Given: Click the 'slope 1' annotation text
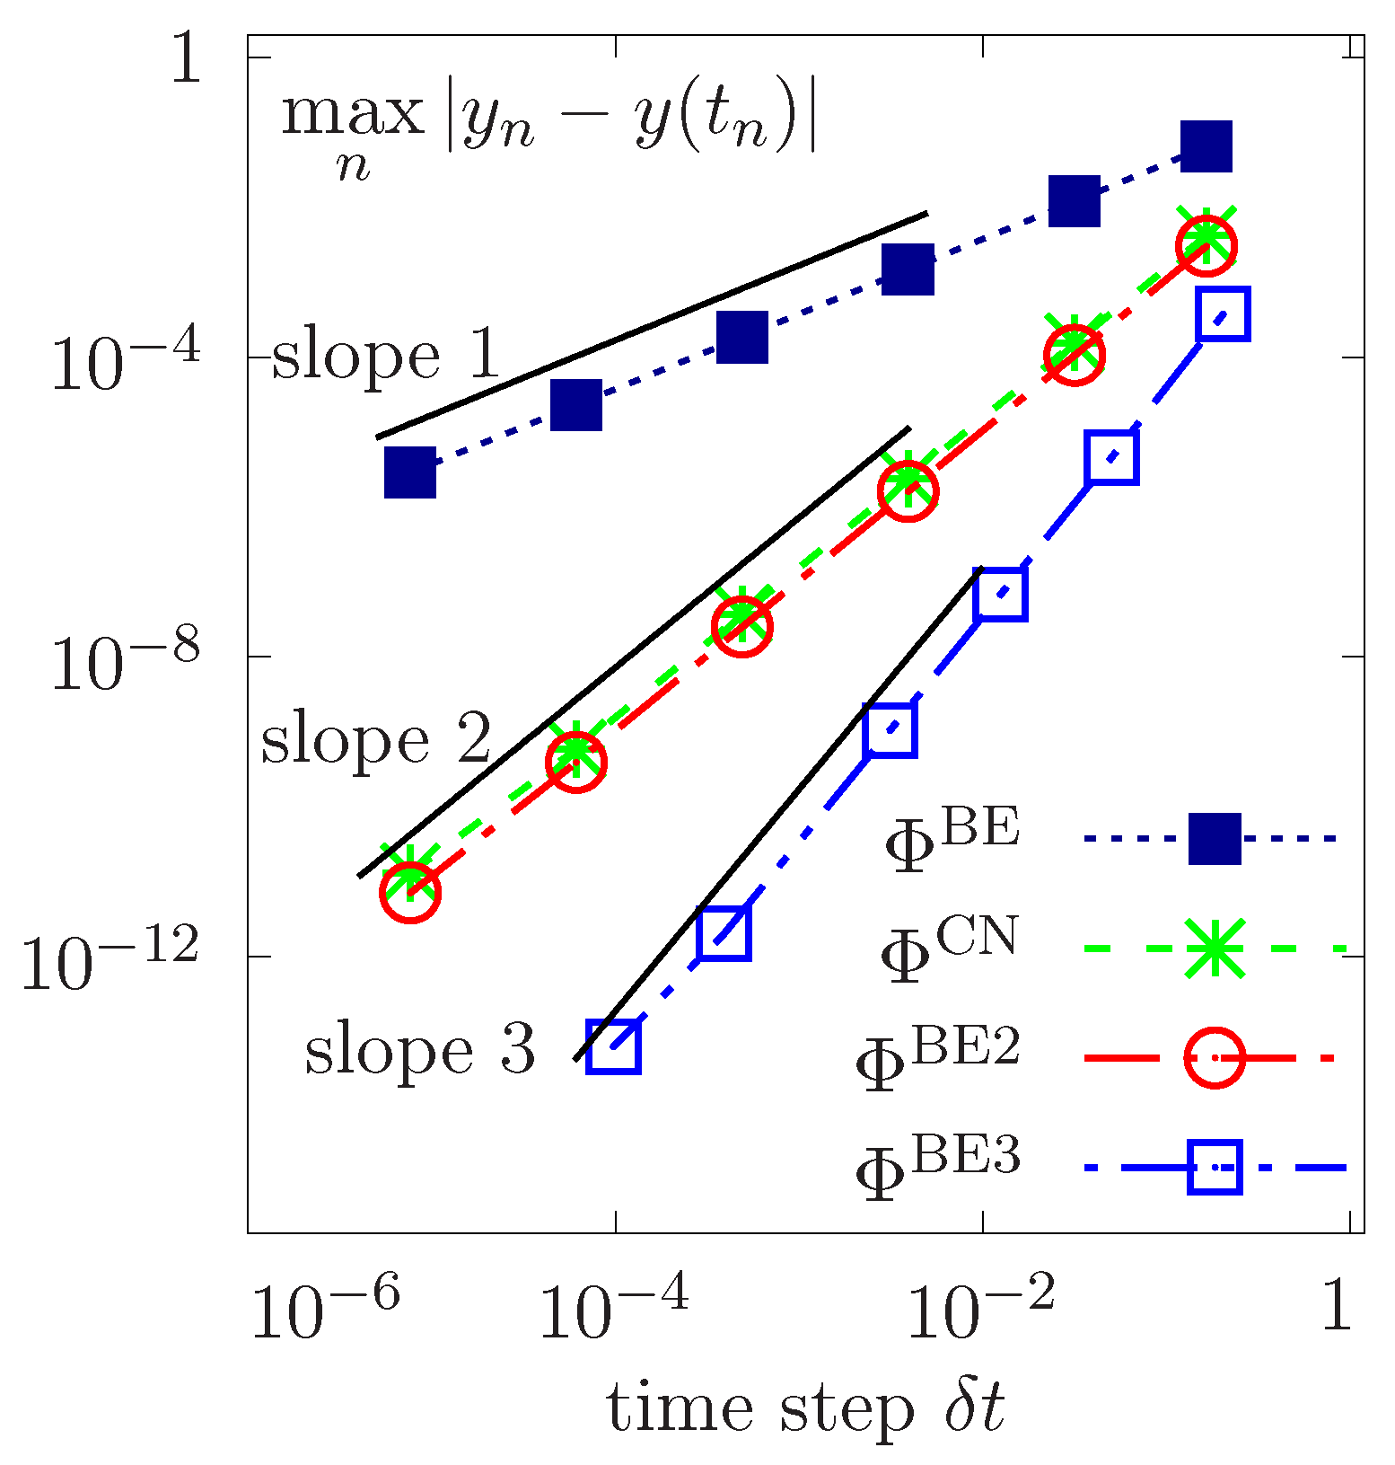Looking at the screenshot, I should [384, 356].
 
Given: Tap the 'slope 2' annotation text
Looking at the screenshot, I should [375, 742].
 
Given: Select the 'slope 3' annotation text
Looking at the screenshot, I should [419, 1050].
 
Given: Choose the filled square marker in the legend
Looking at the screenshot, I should [1215, 839].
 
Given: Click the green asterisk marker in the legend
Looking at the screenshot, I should [1215, 948].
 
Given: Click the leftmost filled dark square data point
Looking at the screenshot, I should [410, 472].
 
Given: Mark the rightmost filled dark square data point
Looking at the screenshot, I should [1206, 146].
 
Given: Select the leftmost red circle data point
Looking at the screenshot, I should [410, 891].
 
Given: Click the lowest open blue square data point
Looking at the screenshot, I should [613, 1046].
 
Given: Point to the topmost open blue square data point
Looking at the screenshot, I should [1223, 314].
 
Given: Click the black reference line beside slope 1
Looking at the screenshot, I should [651, 326].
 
